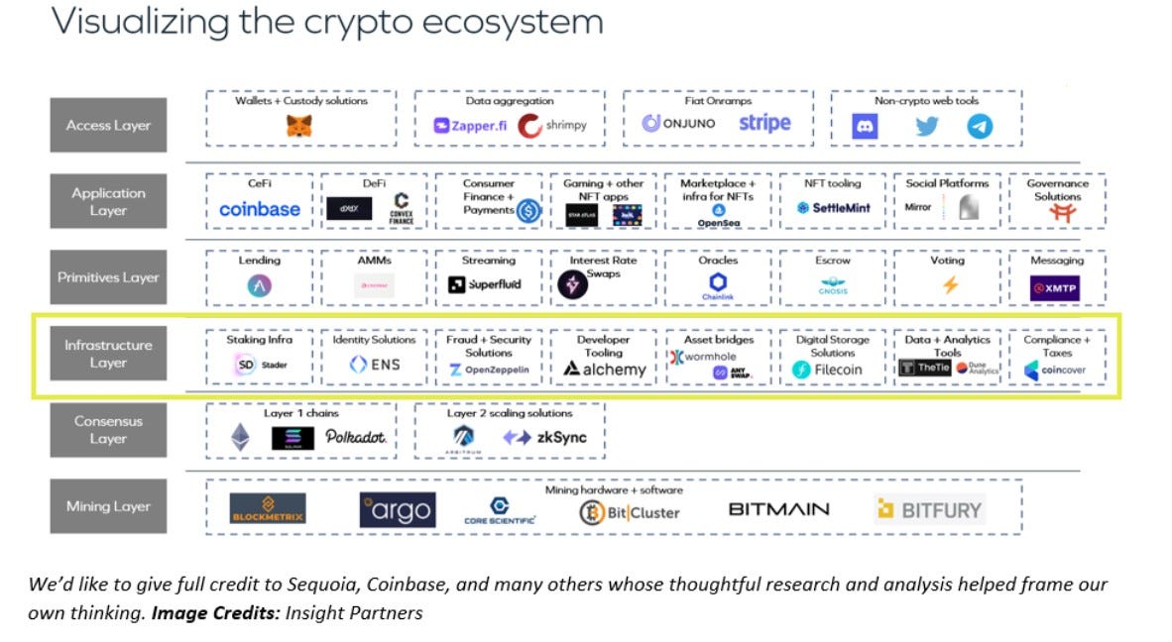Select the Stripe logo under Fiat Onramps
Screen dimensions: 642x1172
tap(764, 124)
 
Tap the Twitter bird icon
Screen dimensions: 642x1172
tap(927, 126)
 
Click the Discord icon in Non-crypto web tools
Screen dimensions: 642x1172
tap(865, 126)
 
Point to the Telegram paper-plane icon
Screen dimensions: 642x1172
tap(980, 126)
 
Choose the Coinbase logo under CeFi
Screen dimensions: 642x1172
tap(260, 209)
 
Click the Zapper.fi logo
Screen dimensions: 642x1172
tap(470, 126)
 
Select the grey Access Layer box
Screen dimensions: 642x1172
tap(108, 126)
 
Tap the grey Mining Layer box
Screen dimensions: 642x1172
tap(108, 506)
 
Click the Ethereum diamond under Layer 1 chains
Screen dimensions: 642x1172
tap(241, 437)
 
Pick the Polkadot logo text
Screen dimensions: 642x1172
tap(356, 437)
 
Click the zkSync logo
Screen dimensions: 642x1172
tap(544, 437)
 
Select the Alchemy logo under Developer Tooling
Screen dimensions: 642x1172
tap(604, 370)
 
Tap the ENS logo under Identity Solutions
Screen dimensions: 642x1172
tap(375, 365)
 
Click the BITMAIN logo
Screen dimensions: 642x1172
tap(779, 510)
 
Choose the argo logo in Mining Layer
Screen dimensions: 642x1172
tap(397, 510)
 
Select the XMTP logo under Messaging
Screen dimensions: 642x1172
tap(1054, 287)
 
